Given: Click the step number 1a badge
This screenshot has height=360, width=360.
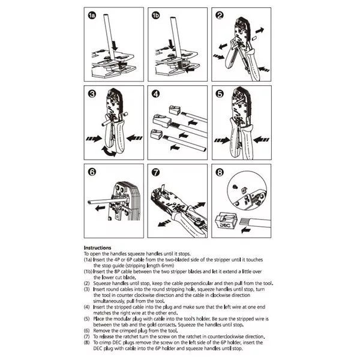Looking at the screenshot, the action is pyautogui.click(x=92, y=16).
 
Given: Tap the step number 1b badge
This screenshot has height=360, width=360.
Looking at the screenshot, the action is pyautogui.click(x=155, y=16).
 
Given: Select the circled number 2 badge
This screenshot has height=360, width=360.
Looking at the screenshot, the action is pyautogui.click(x=220, y=16).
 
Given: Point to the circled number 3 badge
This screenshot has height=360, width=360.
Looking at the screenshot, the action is pyautogui.click(x=92, y=94).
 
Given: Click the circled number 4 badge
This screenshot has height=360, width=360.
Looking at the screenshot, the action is pyautogui.click(x=156, y=94).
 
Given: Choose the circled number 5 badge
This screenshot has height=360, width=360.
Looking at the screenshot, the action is pyautogui.click(x=220, y=94).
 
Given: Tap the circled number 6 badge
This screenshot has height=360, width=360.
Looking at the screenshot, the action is pyautogui.click(x=92, y=172).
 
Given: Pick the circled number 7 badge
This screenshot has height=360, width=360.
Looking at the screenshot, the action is pyautogui.click(x=156, y=172).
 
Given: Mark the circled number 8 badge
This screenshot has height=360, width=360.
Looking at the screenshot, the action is pyautogui.click(x=220, y=172).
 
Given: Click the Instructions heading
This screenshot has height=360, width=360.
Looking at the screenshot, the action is pyautogui.click(x=97, y=248).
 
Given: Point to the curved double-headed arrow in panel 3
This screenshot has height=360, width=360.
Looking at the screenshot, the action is pyautogui.click(x=109, y=152).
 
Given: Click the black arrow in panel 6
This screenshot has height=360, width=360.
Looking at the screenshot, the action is pyautogui.click(x=100, y=208).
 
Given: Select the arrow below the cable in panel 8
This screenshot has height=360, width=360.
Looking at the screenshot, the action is pyautogui.click(x=246, y=230).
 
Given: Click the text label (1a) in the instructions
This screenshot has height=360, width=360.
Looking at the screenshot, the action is pyautogui.click(x=88, y=260).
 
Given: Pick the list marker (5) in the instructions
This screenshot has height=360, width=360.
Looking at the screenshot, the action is pyautogui.click(x=86, y=319).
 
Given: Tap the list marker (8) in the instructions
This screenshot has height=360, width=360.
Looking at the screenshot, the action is pyautogui.click(x=86, y=343).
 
